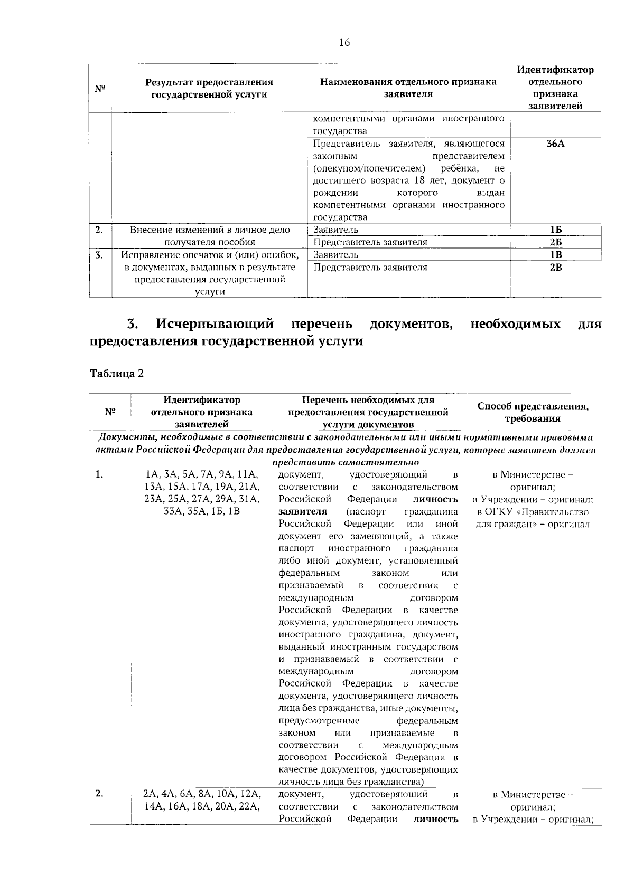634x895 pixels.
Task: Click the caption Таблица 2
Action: (117, 374)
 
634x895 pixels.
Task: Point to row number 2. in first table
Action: (99, 230)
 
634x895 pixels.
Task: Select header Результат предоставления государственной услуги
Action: (209, 89)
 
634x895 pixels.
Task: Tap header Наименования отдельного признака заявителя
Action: (408, 89)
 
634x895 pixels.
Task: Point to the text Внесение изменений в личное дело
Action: (210, 230)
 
